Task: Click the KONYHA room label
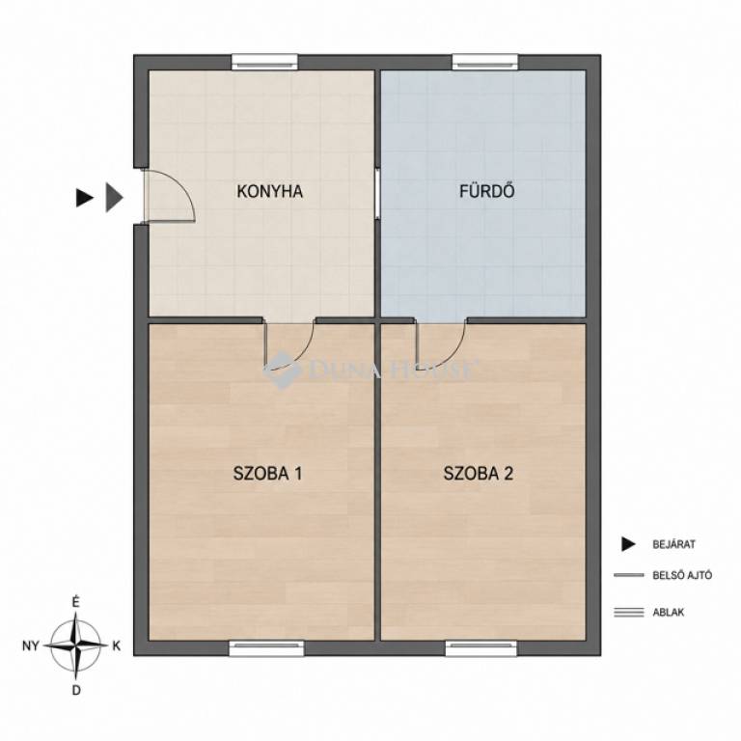[270, 191]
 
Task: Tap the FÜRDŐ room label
[486, 191]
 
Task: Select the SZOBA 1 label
[268, 473]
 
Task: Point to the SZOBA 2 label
[479, 473]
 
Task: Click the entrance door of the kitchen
[169, 196]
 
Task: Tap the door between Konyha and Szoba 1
[289, 344]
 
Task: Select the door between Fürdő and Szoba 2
[441, 344]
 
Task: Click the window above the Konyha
[264, 63]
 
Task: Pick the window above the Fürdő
[485, 63]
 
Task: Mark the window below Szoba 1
[266, 648]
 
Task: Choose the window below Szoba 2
[481, 648]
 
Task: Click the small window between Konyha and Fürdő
[377, 193]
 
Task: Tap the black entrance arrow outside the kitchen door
[85, 198]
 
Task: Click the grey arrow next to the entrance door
[115, 197]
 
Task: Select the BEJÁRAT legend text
[673, 544]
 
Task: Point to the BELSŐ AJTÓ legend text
[682, 576]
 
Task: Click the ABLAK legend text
[669, 613]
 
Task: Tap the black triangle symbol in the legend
[628, 544]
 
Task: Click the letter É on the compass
[75, 603]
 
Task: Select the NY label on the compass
[30, 646]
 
